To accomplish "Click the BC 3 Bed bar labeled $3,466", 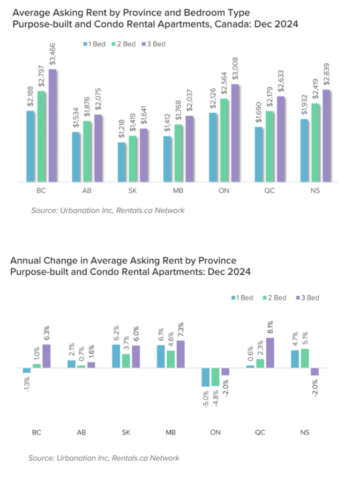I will (x=52, y=125).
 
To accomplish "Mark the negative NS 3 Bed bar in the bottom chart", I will (x=315, y=371).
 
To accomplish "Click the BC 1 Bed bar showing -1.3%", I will (x=27, y=370).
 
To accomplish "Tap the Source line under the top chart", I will (x=108, y=210).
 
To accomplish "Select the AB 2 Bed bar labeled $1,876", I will (x=88, y=151).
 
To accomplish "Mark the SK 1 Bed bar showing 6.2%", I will (x=116, y=356).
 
